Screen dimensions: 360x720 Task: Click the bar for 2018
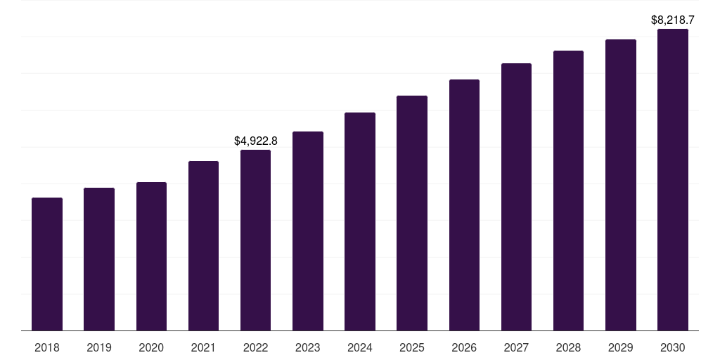tap(47, 264)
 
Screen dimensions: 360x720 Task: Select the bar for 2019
tap(99, 259)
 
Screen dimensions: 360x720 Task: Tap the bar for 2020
tap(151, 256)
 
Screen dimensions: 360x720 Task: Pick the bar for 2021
tap(203, 245)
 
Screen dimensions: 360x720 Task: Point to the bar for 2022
tap(255, 240)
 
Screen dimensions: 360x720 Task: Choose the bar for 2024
tap(360, 221)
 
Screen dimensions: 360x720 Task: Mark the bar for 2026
tap(464, 205)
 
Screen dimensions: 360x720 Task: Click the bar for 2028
tap(568, 191)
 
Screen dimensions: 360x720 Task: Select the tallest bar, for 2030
tap(673, 179)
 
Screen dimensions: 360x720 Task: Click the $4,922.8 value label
tap(256, 141)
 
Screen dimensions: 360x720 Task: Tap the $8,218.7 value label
tap(673, 20)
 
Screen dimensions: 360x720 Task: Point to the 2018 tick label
tap(47, 347)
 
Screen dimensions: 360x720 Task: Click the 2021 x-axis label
tap(203, 347)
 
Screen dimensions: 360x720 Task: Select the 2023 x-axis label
tap(308, 347)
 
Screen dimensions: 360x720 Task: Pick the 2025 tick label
tap(412, 347)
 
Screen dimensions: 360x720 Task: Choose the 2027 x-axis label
tap(516, 347)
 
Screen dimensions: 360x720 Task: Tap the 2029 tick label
tap(621, 347)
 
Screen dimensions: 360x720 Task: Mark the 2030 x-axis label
tap(673, 347)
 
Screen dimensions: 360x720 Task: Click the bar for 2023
tap(308, 231)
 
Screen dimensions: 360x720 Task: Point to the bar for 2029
tap(621, 185)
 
